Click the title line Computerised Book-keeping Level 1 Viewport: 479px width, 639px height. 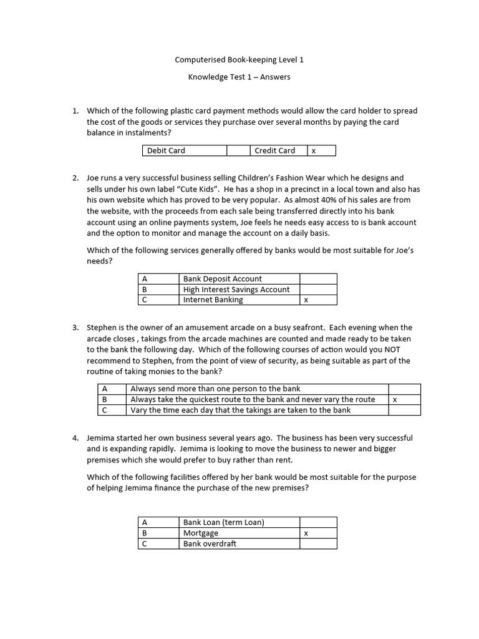[239, 60]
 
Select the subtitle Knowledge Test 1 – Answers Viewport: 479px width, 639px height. [239, 77]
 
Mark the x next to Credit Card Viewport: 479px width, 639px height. [314, 151]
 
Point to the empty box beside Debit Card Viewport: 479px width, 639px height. [238, 150]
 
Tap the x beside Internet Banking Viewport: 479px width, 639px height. [306, 300]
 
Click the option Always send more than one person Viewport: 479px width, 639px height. [215, 389]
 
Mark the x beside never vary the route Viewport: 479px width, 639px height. [395, 399]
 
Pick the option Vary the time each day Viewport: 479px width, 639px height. [240, 410]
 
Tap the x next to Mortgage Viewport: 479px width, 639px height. [306, 534]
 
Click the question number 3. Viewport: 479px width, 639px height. [75, 328]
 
